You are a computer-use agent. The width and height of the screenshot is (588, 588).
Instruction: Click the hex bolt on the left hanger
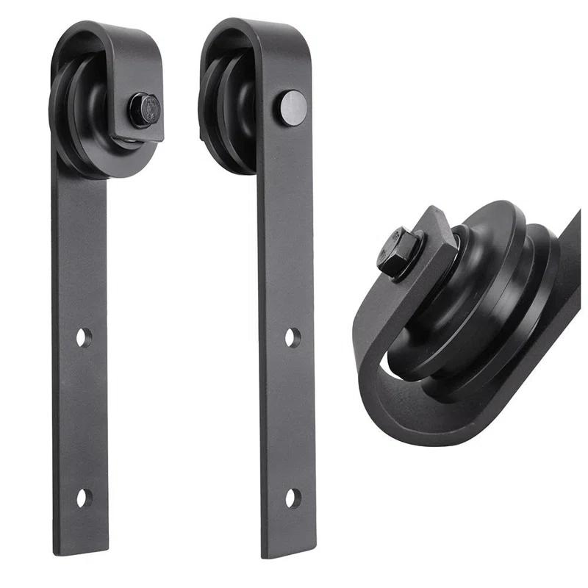[145, 109]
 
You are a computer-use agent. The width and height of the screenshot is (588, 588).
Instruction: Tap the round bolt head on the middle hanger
[293, 107]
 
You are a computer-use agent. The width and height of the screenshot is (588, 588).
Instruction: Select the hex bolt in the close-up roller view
[398, 251]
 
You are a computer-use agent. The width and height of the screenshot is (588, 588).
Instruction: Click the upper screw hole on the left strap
[84, 337]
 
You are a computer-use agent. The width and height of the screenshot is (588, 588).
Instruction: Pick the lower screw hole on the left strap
[84, 498]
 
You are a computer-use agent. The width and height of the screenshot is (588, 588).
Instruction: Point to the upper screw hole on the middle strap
[293, 337]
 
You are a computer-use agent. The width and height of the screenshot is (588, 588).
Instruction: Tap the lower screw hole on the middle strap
[293, 498]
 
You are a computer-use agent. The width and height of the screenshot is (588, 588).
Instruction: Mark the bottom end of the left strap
[81, 548]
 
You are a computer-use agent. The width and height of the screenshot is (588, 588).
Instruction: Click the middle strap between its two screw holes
[291, 419]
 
